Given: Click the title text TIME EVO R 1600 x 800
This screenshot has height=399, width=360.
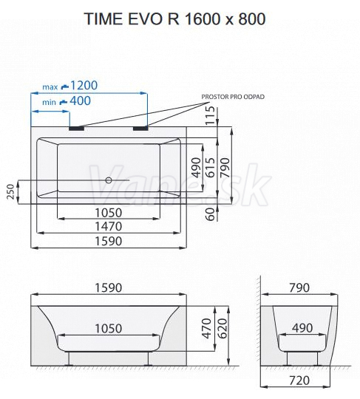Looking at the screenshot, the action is click(174, 18).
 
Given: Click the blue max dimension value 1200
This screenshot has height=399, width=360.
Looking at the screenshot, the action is click(84, 86).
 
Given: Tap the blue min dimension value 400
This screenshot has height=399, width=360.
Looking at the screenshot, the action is click(80, 101).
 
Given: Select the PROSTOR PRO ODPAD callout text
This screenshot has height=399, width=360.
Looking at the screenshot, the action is click(233, 97).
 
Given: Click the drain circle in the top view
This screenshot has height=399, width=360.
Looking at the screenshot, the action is click(109, 180).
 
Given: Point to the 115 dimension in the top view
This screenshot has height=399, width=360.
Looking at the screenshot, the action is click(211, 115).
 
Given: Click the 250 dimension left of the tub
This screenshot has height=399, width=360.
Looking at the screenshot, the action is click(10, 191).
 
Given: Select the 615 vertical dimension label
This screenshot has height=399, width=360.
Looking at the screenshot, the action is click(211, 168).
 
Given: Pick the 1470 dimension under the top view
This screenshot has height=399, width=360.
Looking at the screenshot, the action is click(109, 226).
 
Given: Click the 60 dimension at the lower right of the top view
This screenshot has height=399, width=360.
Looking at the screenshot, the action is click(211, 214).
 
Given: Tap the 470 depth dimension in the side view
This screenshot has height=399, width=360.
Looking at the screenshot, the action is click(207, 329).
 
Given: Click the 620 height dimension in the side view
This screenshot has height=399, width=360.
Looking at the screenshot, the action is click(223, 329).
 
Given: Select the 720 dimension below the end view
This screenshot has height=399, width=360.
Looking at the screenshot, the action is click(299, 381).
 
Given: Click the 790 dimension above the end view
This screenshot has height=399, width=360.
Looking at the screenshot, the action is click(299, 288).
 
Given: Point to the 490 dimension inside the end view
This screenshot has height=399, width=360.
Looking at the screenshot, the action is click(302, 328).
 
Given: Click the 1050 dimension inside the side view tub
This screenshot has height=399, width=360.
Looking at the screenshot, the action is click(109, 329).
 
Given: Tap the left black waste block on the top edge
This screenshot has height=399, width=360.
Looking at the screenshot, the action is click(76, 129).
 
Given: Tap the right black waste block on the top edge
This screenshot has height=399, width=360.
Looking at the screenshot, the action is click(140, 129).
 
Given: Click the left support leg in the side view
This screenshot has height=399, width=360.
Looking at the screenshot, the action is click(69, 359).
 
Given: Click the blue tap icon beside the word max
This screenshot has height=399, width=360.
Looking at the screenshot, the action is click(65, 86).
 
